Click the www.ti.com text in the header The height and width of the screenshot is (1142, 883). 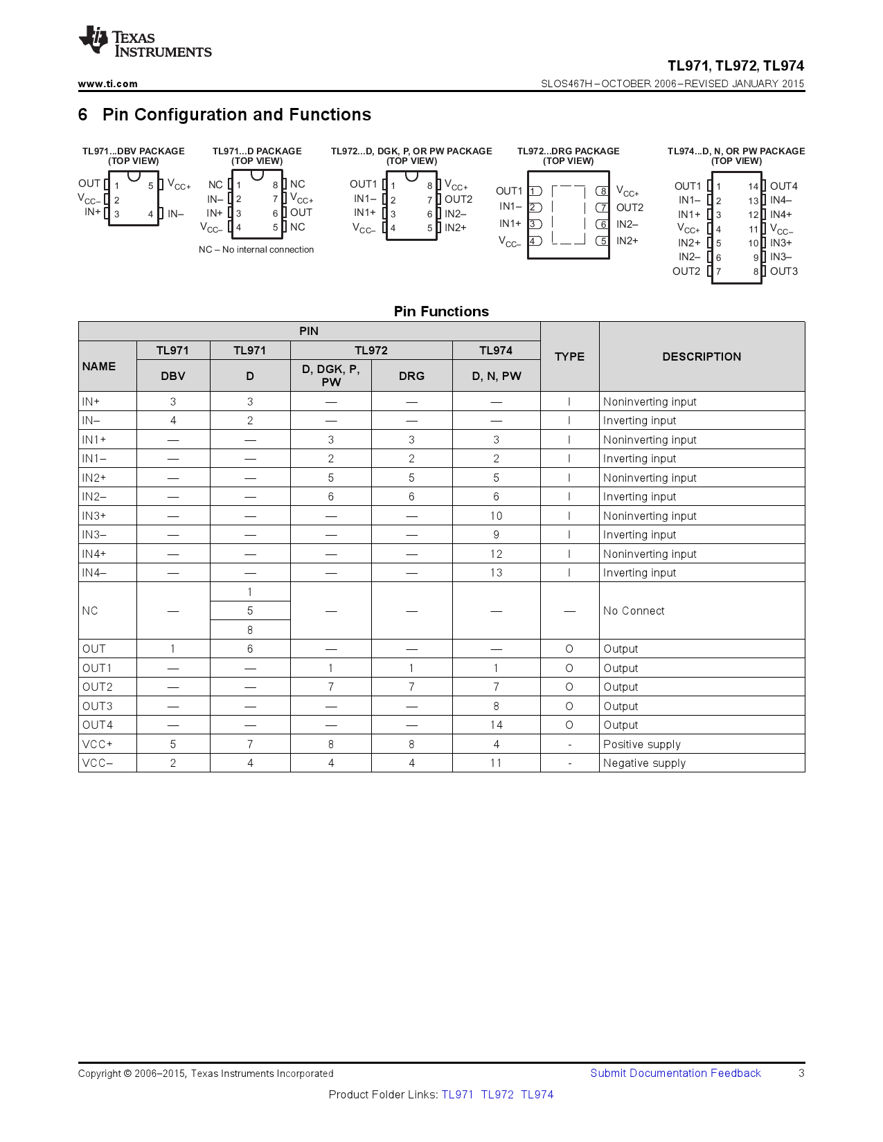click(x=107, y=84)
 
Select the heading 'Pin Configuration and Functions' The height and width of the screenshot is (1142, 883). click(x=236, y=115)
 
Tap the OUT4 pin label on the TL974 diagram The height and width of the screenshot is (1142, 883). click(x=783, y=186)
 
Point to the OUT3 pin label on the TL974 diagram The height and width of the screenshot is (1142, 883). click(x=783, y=271)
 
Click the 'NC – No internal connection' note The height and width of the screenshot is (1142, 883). click(x=256, y=250)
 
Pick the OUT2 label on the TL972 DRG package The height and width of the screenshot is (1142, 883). click(x=630, y=208)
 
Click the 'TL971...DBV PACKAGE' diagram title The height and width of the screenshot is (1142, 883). click(x=134, y=151)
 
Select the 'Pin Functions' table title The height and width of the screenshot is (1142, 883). click(x=441, y=311)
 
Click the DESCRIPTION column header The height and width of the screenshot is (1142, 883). click(x=701, y=356)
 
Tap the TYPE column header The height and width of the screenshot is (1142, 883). click(x=569, y=356)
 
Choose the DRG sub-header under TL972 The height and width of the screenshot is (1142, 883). click(x=411, y=376)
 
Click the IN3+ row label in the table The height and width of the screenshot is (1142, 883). click(x=94, y=516)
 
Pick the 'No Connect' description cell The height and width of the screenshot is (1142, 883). click(x=634, y=610)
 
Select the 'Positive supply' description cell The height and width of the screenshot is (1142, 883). click(x=642, y=744)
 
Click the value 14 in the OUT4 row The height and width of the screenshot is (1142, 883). click(x=496, y=725)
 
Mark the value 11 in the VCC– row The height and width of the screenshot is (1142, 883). click(x=496, y=763)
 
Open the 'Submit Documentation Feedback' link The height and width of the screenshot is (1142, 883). click(x=675, y=1073)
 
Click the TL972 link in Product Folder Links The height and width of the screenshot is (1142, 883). click(x=497, y=1094)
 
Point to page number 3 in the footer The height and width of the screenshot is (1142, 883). click(x=801, y=1073)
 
